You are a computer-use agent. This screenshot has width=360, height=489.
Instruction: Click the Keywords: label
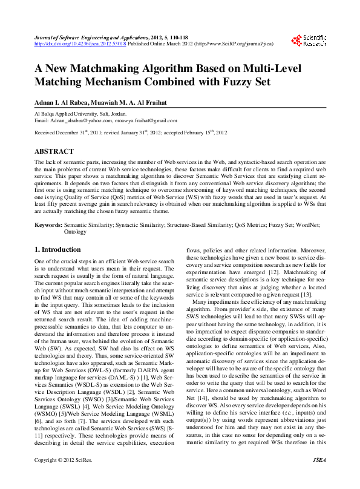48,224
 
